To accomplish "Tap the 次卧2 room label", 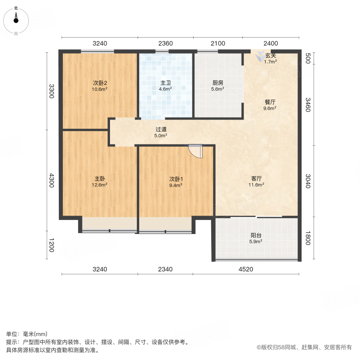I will click(100, 83).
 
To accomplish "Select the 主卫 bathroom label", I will click(166, 83).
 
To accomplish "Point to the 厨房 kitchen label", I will click(218, 83).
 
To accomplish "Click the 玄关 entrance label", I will click(270, 56).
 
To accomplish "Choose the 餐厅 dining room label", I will click(270, 102).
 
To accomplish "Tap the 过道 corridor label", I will click(161, 130).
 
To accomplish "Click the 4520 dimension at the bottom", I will click(246, 269).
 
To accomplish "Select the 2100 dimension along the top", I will click(218, 43).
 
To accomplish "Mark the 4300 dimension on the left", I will click(51, 180).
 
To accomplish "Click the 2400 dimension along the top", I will click(271, 43).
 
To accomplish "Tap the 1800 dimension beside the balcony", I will click(308, 240).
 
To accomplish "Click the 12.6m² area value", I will click(100, 185).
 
